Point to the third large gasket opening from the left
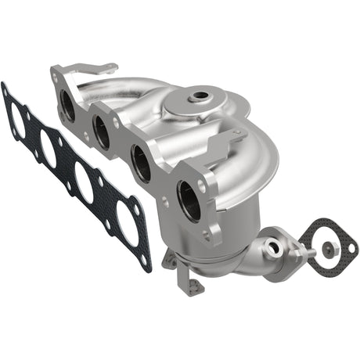pyautogui.click(x=83, y=179)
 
